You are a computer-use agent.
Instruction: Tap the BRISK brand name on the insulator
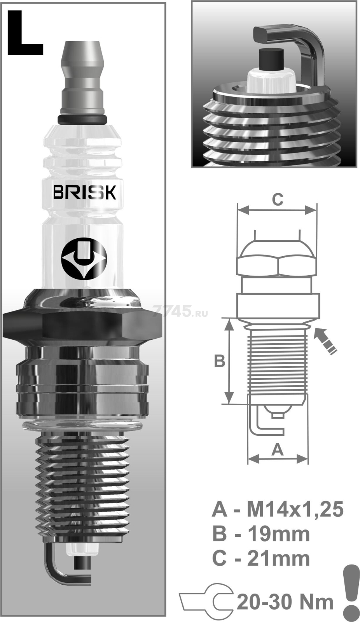(x=84, y=192)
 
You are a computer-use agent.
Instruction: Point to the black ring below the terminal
(x=82, y=119)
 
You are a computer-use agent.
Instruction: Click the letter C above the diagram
(x=277, y=199)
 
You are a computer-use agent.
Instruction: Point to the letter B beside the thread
(x=220, y=361)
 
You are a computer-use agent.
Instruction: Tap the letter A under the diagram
(x=277, y=450)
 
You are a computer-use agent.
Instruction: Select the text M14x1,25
(x=295, y=509)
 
